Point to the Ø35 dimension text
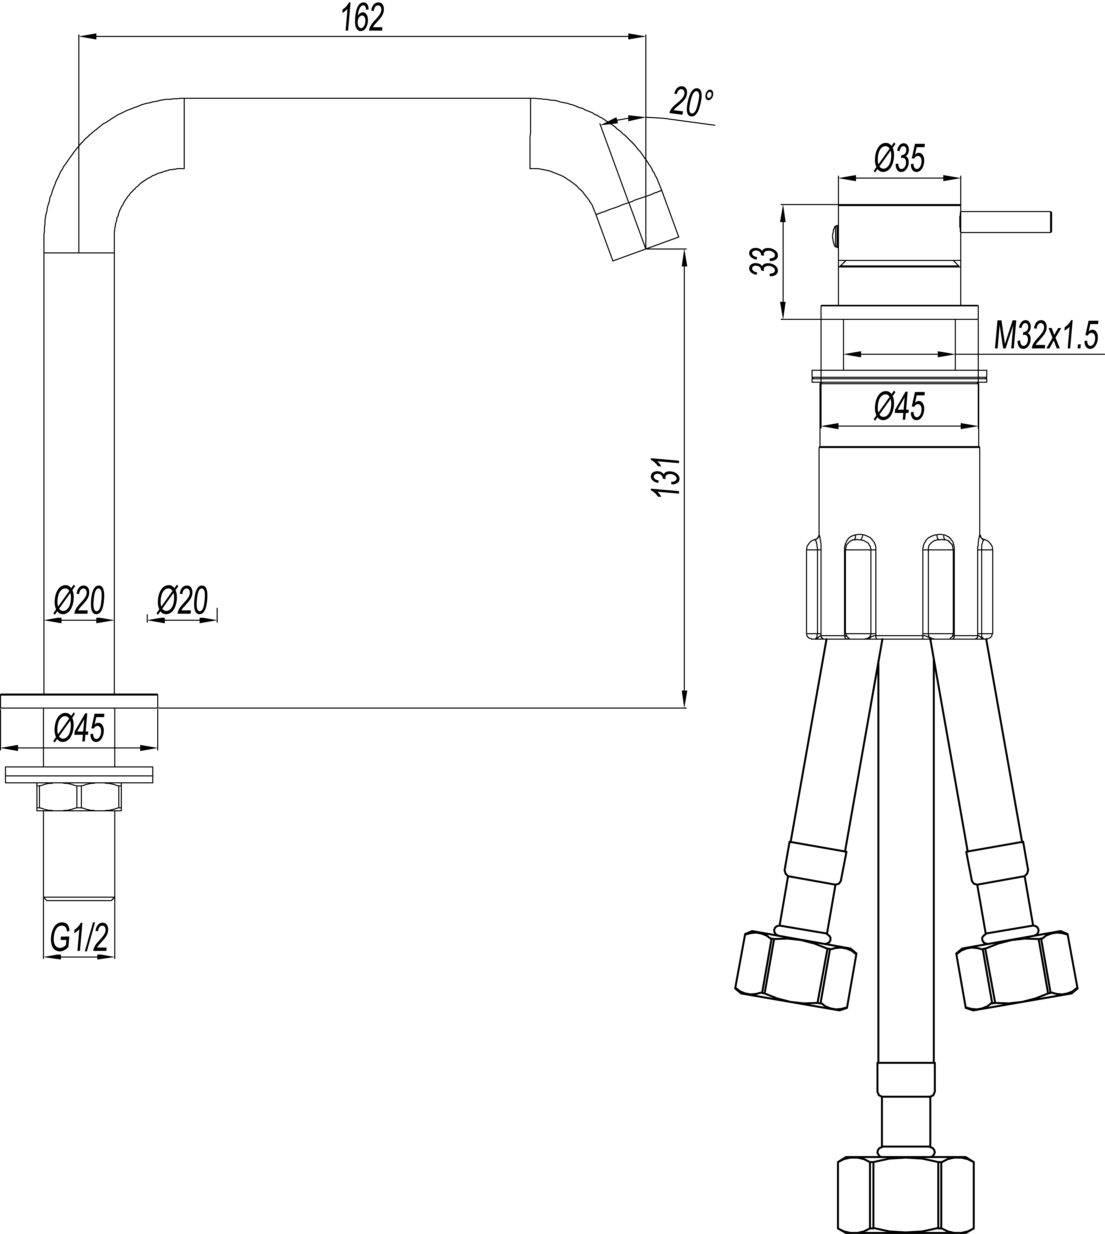pyautogui.click(x=899, y=159)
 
